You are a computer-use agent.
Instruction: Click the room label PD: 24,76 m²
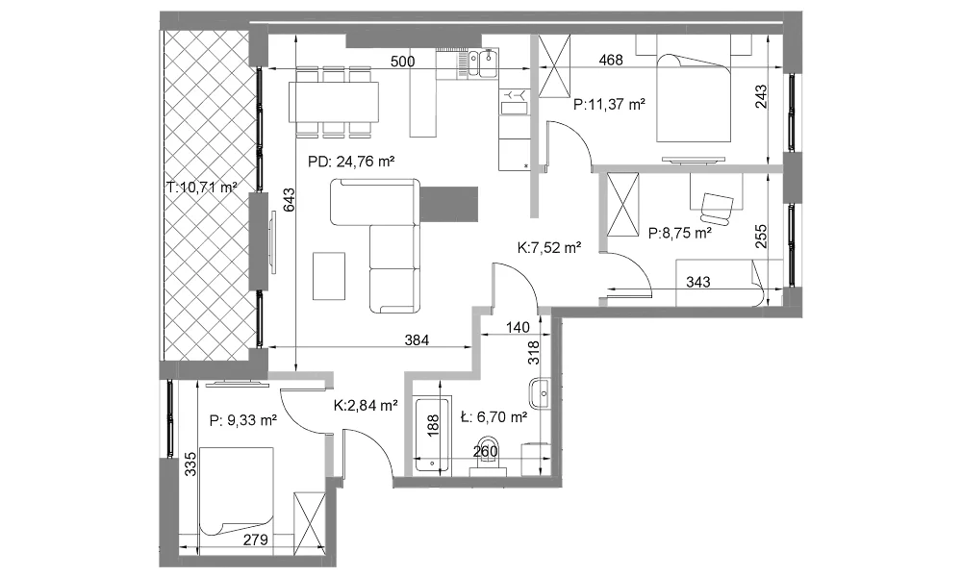pos(351,162)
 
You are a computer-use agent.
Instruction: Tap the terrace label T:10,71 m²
pos(202,187)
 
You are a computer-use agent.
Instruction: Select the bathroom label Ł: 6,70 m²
pos(494,417)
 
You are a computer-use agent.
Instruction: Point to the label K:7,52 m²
pos(549,248)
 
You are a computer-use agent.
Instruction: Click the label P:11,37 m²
pos(609,104)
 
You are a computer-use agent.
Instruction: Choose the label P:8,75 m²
pos(680,233)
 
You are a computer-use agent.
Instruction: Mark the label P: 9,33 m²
pos(243,420)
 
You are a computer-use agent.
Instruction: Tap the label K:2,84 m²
pos(366,405)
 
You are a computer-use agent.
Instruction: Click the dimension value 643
pos(289,200)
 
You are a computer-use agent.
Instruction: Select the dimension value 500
pos(402,62)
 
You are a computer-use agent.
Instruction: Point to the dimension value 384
pos(417,339)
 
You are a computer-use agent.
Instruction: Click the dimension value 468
pos(611,60)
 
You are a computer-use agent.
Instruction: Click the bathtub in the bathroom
pos(433,436)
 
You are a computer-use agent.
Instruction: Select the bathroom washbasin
pos(540,393)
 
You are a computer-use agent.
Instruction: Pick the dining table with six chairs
pos(334,101)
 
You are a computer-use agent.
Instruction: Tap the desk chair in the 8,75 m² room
pos(716,208)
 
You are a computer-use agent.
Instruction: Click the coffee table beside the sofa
pos(329,276)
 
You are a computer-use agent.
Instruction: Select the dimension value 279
pos(256,539)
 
